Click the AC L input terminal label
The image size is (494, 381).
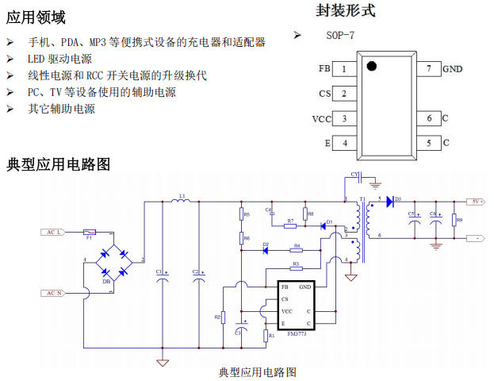[52, 232]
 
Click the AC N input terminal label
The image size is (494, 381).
[52, 293]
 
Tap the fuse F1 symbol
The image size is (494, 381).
[90, 232]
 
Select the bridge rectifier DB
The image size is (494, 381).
[113, 263]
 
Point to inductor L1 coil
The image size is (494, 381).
[182, 202]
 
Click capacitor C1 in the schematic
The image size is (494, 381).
[162, 277]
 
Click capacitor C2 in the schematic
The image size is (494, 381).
[198, 277]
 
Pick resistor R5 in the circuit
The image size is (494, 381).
[240, 214]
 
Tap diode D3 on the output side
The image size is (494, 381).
[391, 202]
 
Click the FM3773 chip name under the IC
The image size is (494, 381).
[295, 335]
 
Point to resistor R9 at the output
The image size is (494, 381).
[453, 220]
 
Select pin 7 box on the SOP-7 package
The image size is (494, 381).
[429, 69]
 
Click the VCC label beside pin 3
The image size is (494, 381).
[321, 119]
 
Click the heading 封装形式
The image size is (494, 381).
[346, 10]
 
